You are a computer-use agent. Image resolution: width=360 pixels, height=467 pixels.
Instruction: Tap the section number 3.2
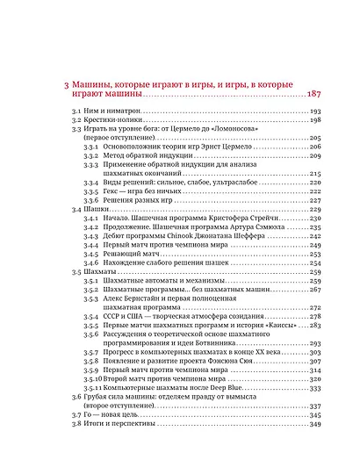(x=76, y=120)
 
